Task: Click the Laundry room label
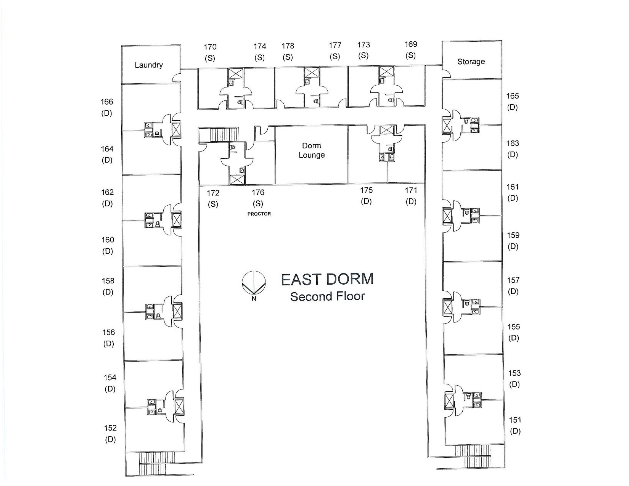(149, 65)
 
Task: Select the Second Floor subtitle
(327, 296)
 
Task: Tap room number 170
(210, 47)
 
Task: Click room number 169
(411, 44)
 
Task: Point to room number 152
(110, 428)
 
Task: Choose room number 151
(515, 420)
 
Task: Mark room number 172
(213, 193)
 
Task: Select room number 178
(288, 46)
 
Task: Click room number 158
(108, 281)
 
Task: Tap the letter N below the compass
(254, 299)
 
